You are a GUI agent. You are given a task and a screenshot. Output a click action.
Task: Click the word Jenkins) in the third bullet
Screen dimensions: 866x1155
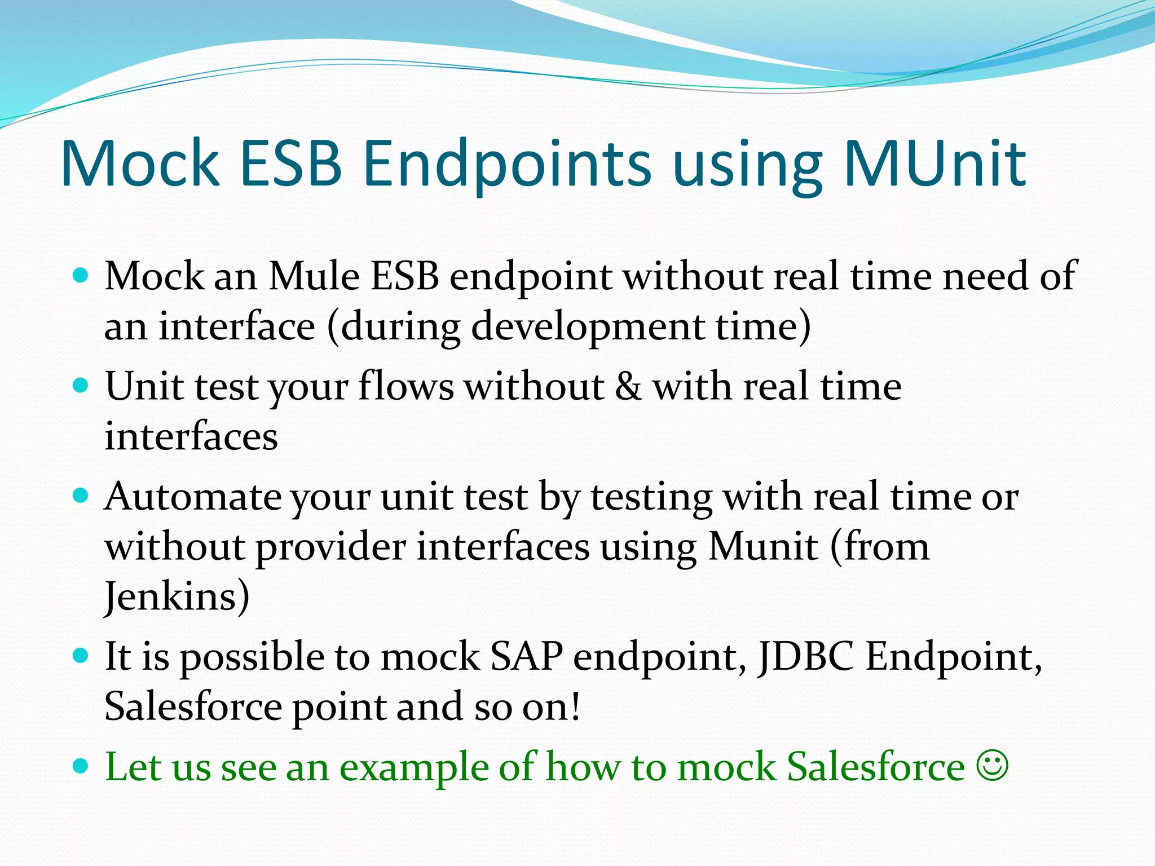(x=177, y=597)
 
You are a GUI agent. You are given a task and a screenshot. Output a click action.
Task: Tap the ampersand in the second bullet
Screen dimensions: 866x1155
(x=628, y=387)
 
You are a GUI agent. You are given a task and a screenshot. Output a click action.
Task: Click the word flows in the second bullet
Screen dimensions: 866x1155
(x=405, y=387)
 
